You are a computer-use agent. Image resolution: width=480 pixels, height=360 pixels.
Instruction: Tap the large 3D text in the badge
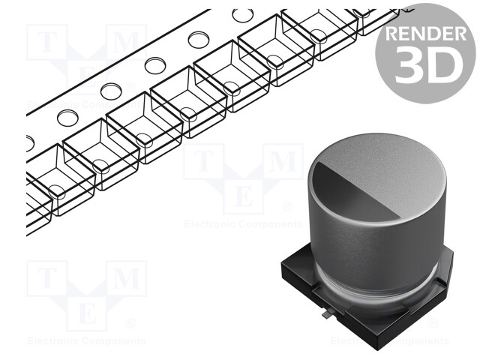[x=425, y=67]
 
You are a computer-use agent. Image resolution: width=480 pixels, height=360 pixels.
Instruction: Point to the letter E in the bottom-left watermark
[x=86, y=312]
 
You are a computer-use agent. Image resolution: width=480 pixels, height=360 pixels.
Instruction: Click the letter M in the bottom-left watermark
[x=126, y=278]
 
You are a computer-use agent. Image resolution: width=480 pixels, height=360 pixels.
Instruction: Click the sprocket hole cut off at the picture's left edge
[x=29, y=143]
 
